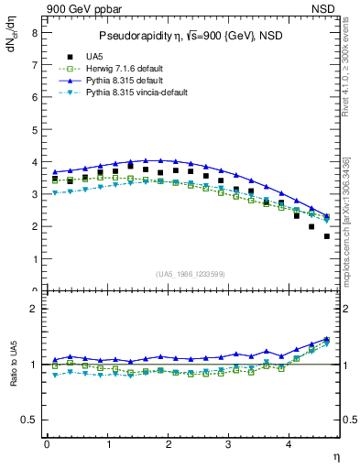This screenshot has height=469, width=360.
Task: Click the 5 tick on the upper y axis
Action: click(x=34, y=129)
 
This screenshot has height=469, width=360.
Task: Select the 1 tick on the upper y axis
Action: click(x=34, y=258)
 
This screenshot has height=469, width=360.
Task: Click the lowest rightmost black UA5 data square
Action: click(x=327, y=236)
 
